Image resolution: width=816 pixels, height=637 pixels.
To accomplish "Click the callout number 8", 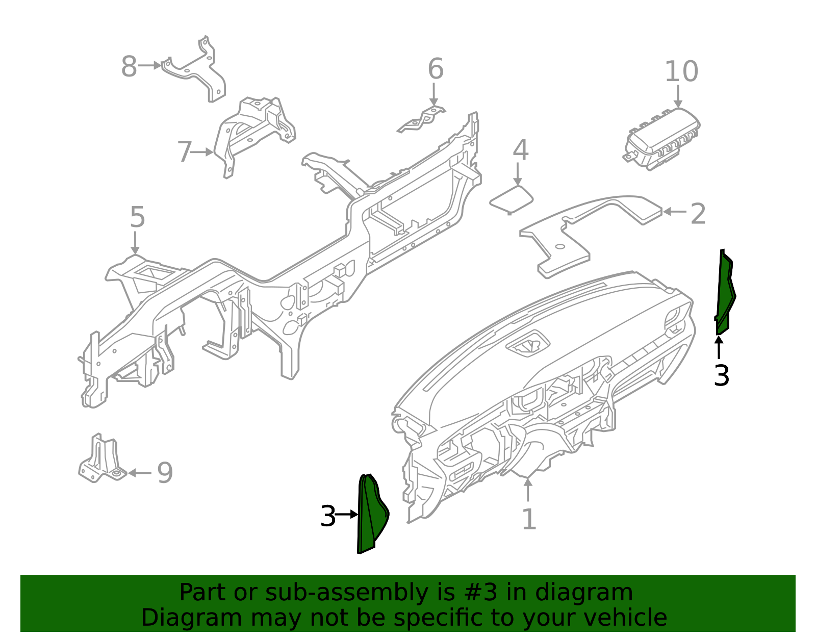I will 129,67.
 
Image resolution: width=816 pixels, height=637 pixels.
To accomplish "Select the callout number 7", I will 184,152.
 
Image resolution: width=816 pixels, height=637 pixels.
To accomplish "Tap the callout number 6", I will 435,69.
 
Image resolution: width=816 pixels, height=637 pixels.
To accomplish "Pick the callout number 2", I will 698,214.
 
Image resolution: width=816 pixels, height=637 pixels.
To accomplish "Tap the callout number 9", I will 165,473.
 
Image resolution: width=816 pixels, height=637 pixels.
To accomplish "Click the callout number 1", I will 529,520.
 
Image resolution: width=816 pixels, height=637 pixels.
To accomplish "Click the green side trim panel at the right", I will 724,293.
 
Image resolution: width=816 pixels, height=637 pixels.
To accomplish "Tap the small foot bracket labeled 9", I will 101,462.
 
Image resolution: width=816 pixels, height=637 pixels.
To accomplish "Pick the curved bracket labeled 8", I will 196,71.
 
